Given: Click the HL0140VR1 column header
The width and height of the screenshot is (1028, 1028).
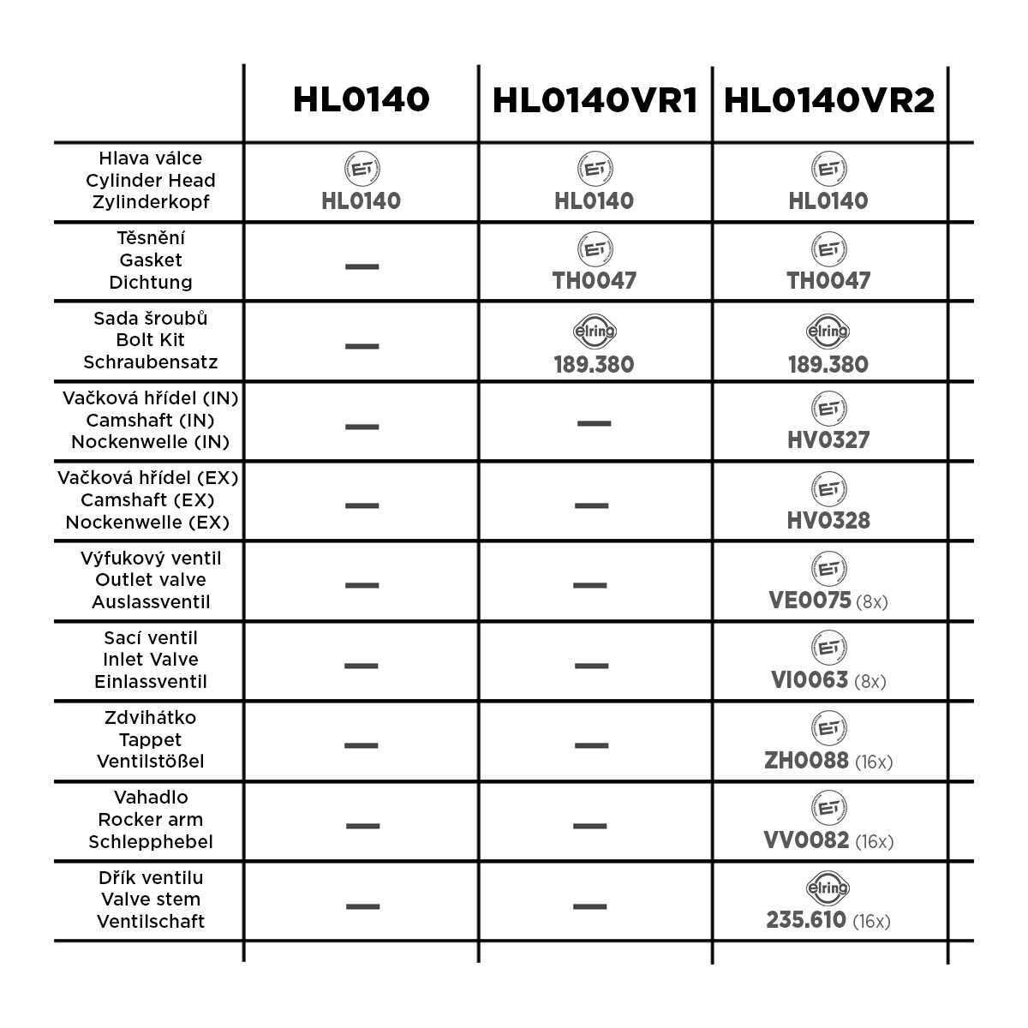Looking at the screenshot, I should click(595, 100).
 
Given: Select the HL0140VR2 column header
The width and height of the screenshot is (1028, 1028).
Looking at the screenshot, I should click(829, 100).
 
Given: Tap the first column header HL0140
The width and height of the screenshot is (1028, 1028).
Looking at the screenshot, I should click(361, 99).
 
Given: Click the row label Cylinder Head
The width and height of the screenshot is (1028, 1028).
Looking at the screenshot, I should click(151, 181).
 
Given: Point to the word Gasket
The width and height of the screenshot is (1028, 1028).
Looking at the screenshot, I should click(151, 260).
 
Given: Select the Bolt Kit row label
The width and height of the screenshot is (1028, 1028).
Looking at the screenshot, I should click(151, 340).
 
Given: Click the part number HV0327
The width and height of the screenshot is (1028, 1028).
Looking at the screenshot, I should click(828, 440).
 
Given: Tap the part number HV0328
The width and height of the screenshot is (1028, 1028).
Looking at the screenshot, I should click(828, 520).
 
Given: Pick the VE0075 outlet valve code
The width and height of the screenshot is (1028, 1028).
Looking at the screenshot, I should click(810, 600).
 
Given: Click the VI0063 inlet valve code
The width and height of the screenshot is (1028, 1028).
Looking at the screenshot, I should click(810, 680).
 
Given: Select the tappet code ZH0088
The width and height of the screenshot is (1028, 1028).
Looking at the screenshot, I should click(806, 760).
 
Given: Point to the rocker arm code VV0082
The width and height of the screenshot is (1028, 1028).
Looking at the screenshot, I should click(806, 840).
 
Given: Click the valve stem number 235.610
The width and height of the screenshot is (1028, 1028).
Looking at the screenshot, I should click(806, 920).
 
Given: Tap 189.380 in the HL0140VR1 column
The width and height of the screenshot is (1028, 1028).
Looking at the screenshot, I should click(594, 365).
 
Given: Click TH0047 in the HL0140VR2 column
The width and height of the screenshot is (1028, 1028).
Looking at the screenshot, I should click(828, 280).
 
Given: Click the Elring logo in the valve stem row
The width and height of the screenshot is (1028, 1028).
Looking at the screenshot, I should click(828, 888).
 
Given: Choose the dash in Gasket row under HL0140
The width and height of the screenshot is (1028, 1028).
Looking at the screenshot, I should click(362, 267).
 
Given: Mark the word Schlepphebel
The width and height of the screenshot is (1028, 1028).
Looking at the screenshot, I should click(151, 842).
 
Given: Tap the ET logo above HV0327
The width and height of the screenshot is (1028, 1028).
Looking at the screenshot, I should click(828, 409).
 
